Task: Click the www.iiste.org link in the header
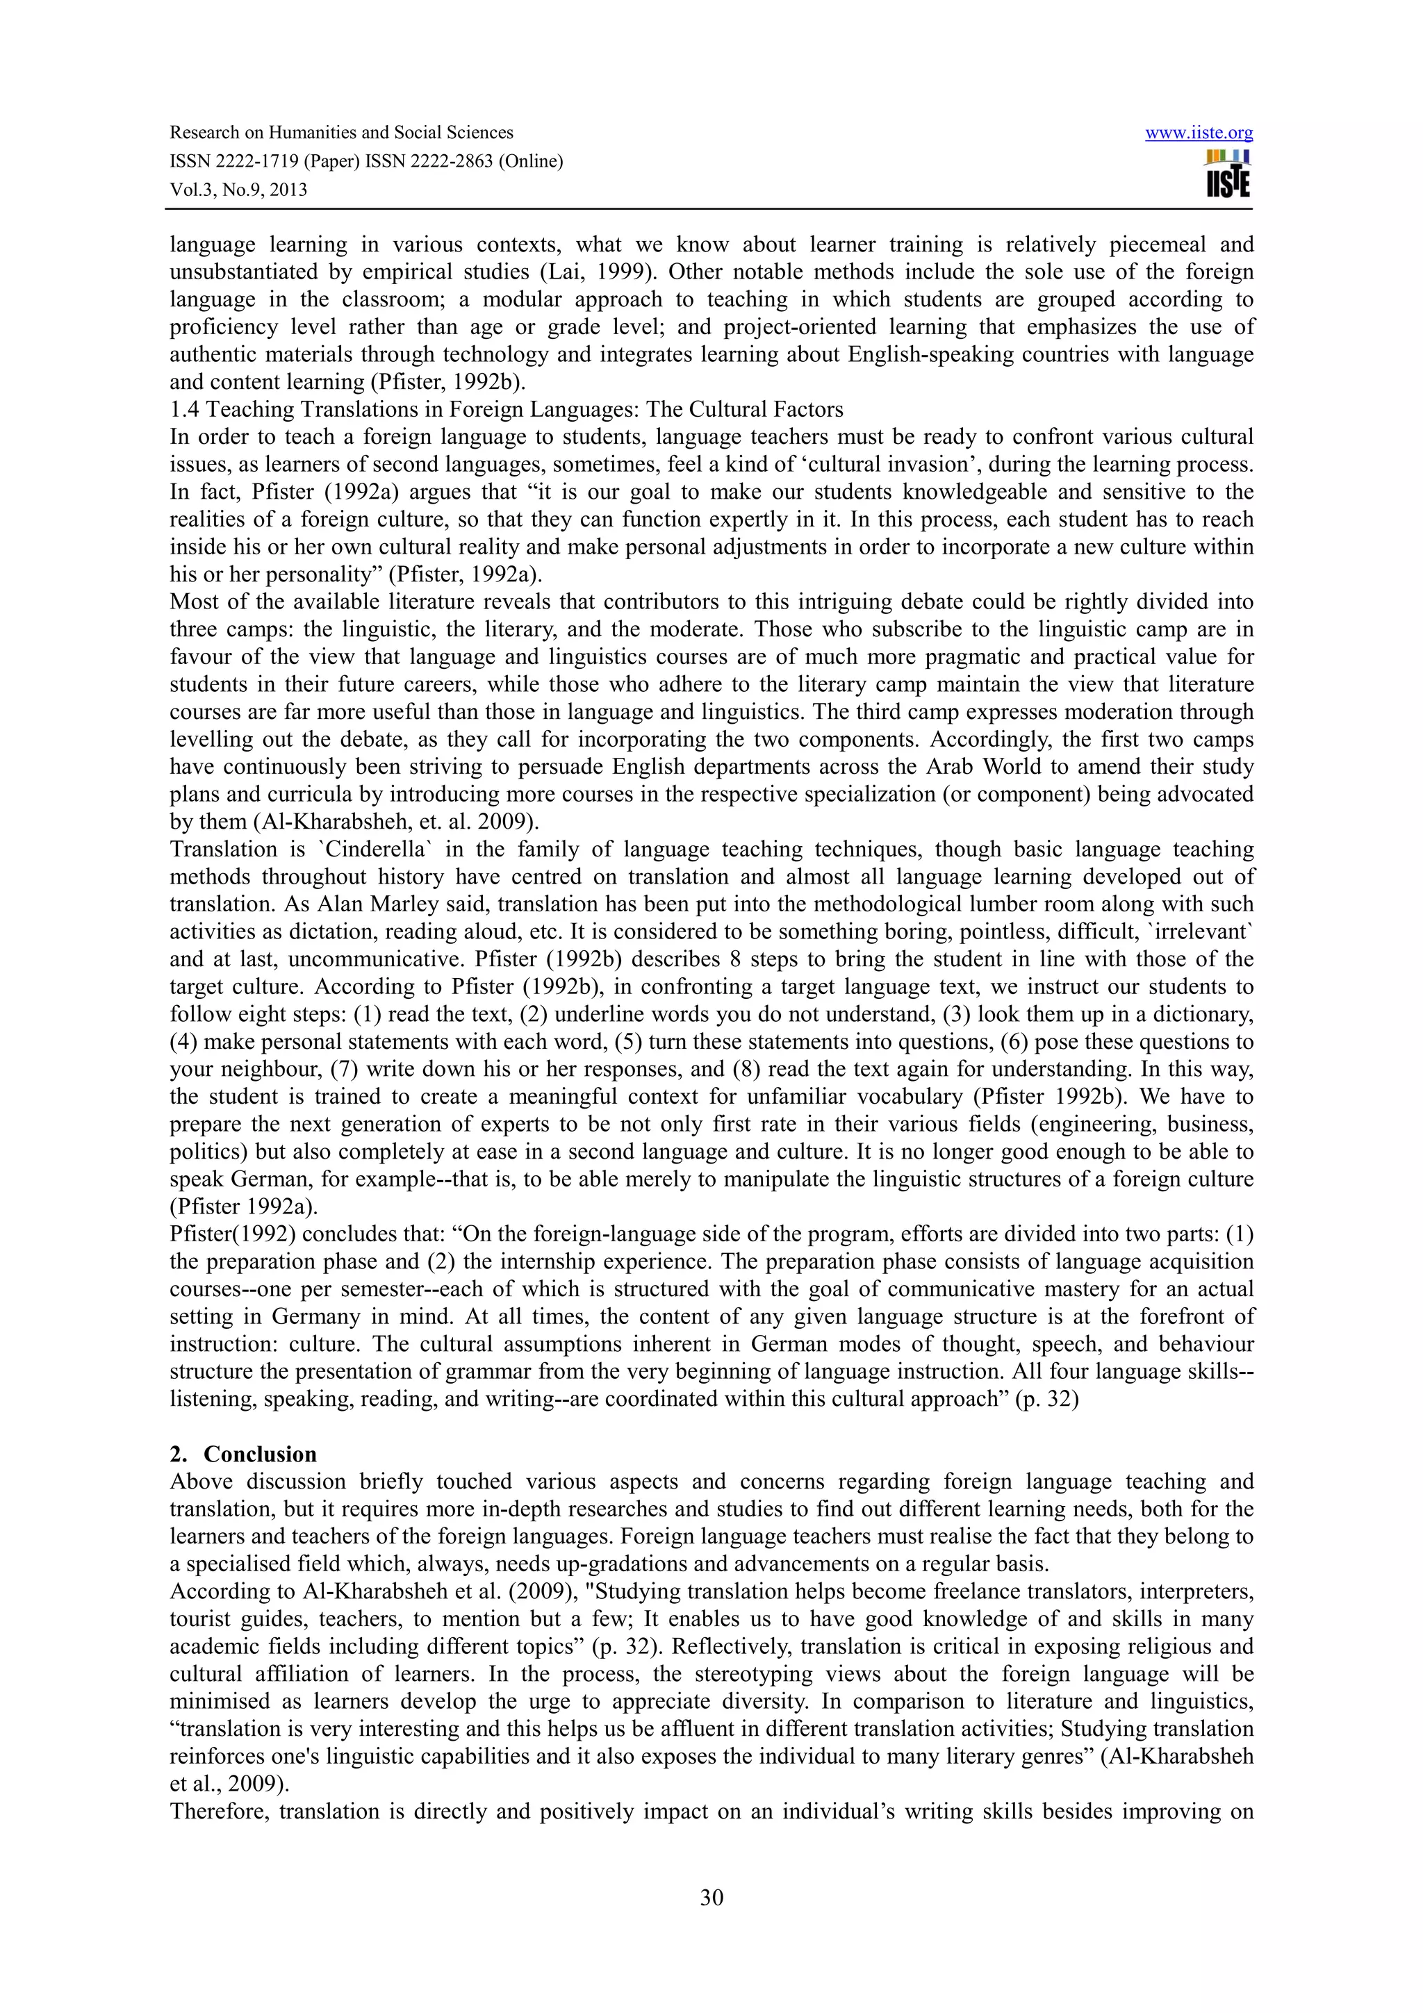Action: pyautogui.click(x=1199, y=133)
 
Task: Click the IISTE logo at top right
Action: pyautogui.click(x=1228, y=174)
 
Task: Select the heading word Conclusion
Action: pyautogui.click(x=260, y=1455)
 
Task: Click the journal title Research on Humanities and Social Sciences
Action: pyautogui.click(x=341, y=133)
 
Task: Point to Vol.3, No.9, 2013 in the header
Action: pyautogui.click(x=238, y=190)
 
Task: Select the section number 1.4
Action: pyautogui.click(x=183, y=409)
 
